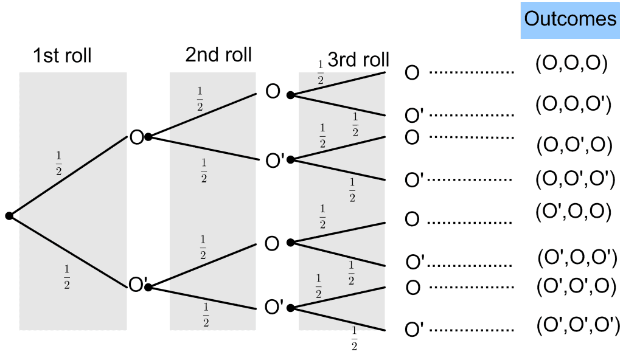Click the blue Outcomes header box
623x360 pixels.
(x=570, y=20)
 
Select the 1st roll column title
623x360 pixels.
(x=62, y=56)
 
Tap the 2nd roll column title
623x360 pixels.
(x=218, y=55)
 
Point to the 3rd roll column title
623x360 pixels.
(x=358, y=60)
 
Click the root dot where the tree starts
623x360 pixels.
(x=9, y=215)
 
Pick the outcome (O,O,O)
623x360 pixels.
(x=571, y=64)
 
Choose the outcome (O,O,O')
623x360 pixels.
(x=573, y=105)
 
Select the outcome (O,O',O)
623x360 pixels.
(x=574, y=145)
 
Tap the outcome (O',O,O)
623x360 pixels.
(x=573, y=211)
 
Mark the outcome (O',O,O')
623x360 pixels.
(x=577, y=258)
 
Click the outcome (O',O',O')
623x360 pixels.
(x=578, y=325)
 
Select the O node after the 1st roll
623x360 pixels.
(x=137, y=137)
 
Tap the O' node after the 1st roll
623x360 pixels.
(x=138, y=285)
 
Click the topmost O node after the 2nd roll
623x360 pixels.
(x=273, y=92)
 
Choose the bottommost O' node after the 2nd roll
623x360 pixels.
(x=274, y=307)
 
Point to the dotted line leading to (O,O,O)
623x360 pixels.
(x=472, y=72)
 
